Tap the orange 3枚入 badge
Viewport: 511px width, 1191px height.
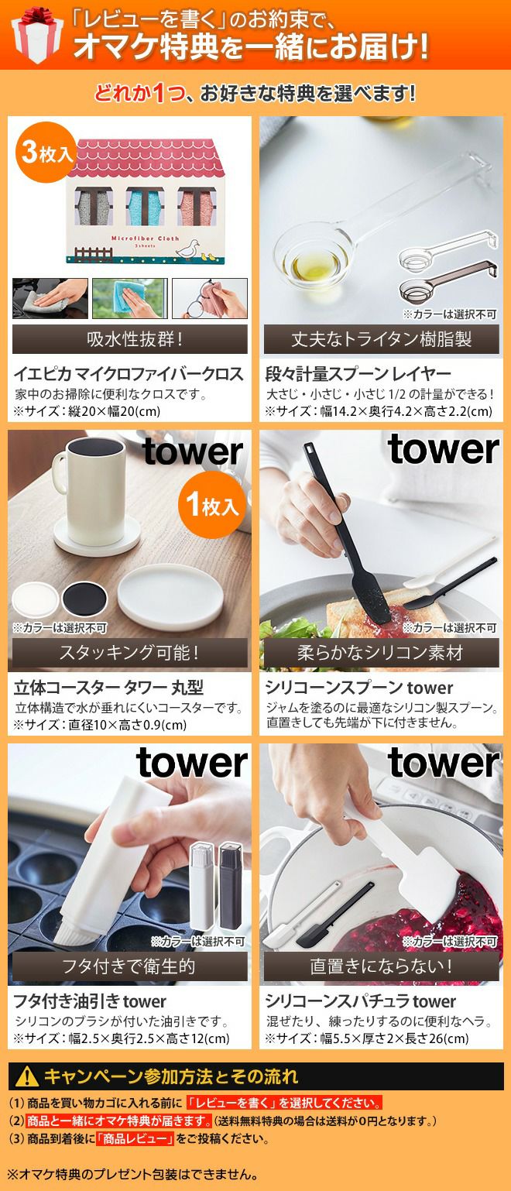click(46, 153)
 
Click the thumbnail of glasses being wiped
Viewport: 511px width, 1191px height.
click(210, 297)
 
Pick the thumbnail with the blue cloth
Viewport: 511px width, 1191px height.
click(130, 297)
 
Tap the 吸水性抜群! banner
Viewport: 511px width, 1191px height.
click(130, 339)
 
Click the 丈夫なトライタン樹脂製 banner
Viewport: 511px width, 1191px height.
click(381, 339)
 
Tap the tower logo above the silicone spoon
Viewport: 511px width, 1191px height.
click(444, 451)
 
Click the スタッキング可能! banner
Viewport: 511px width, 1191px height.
click(130, 652)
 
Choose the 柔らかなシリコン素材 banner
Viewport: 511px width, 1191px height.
click(381, 652)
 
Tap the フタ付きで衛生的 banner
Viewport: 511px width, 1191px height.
click(130, 966)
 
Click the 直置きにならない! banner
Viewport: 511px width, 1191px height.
click(381, 966)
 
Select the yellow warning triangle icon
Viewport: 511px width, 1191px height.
click(27, 1076)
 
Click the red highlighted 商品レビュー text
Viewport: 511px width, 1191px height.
click(135, 1138)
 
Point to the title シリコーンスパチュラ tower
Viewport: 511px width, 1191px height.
click(361, 1001)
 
